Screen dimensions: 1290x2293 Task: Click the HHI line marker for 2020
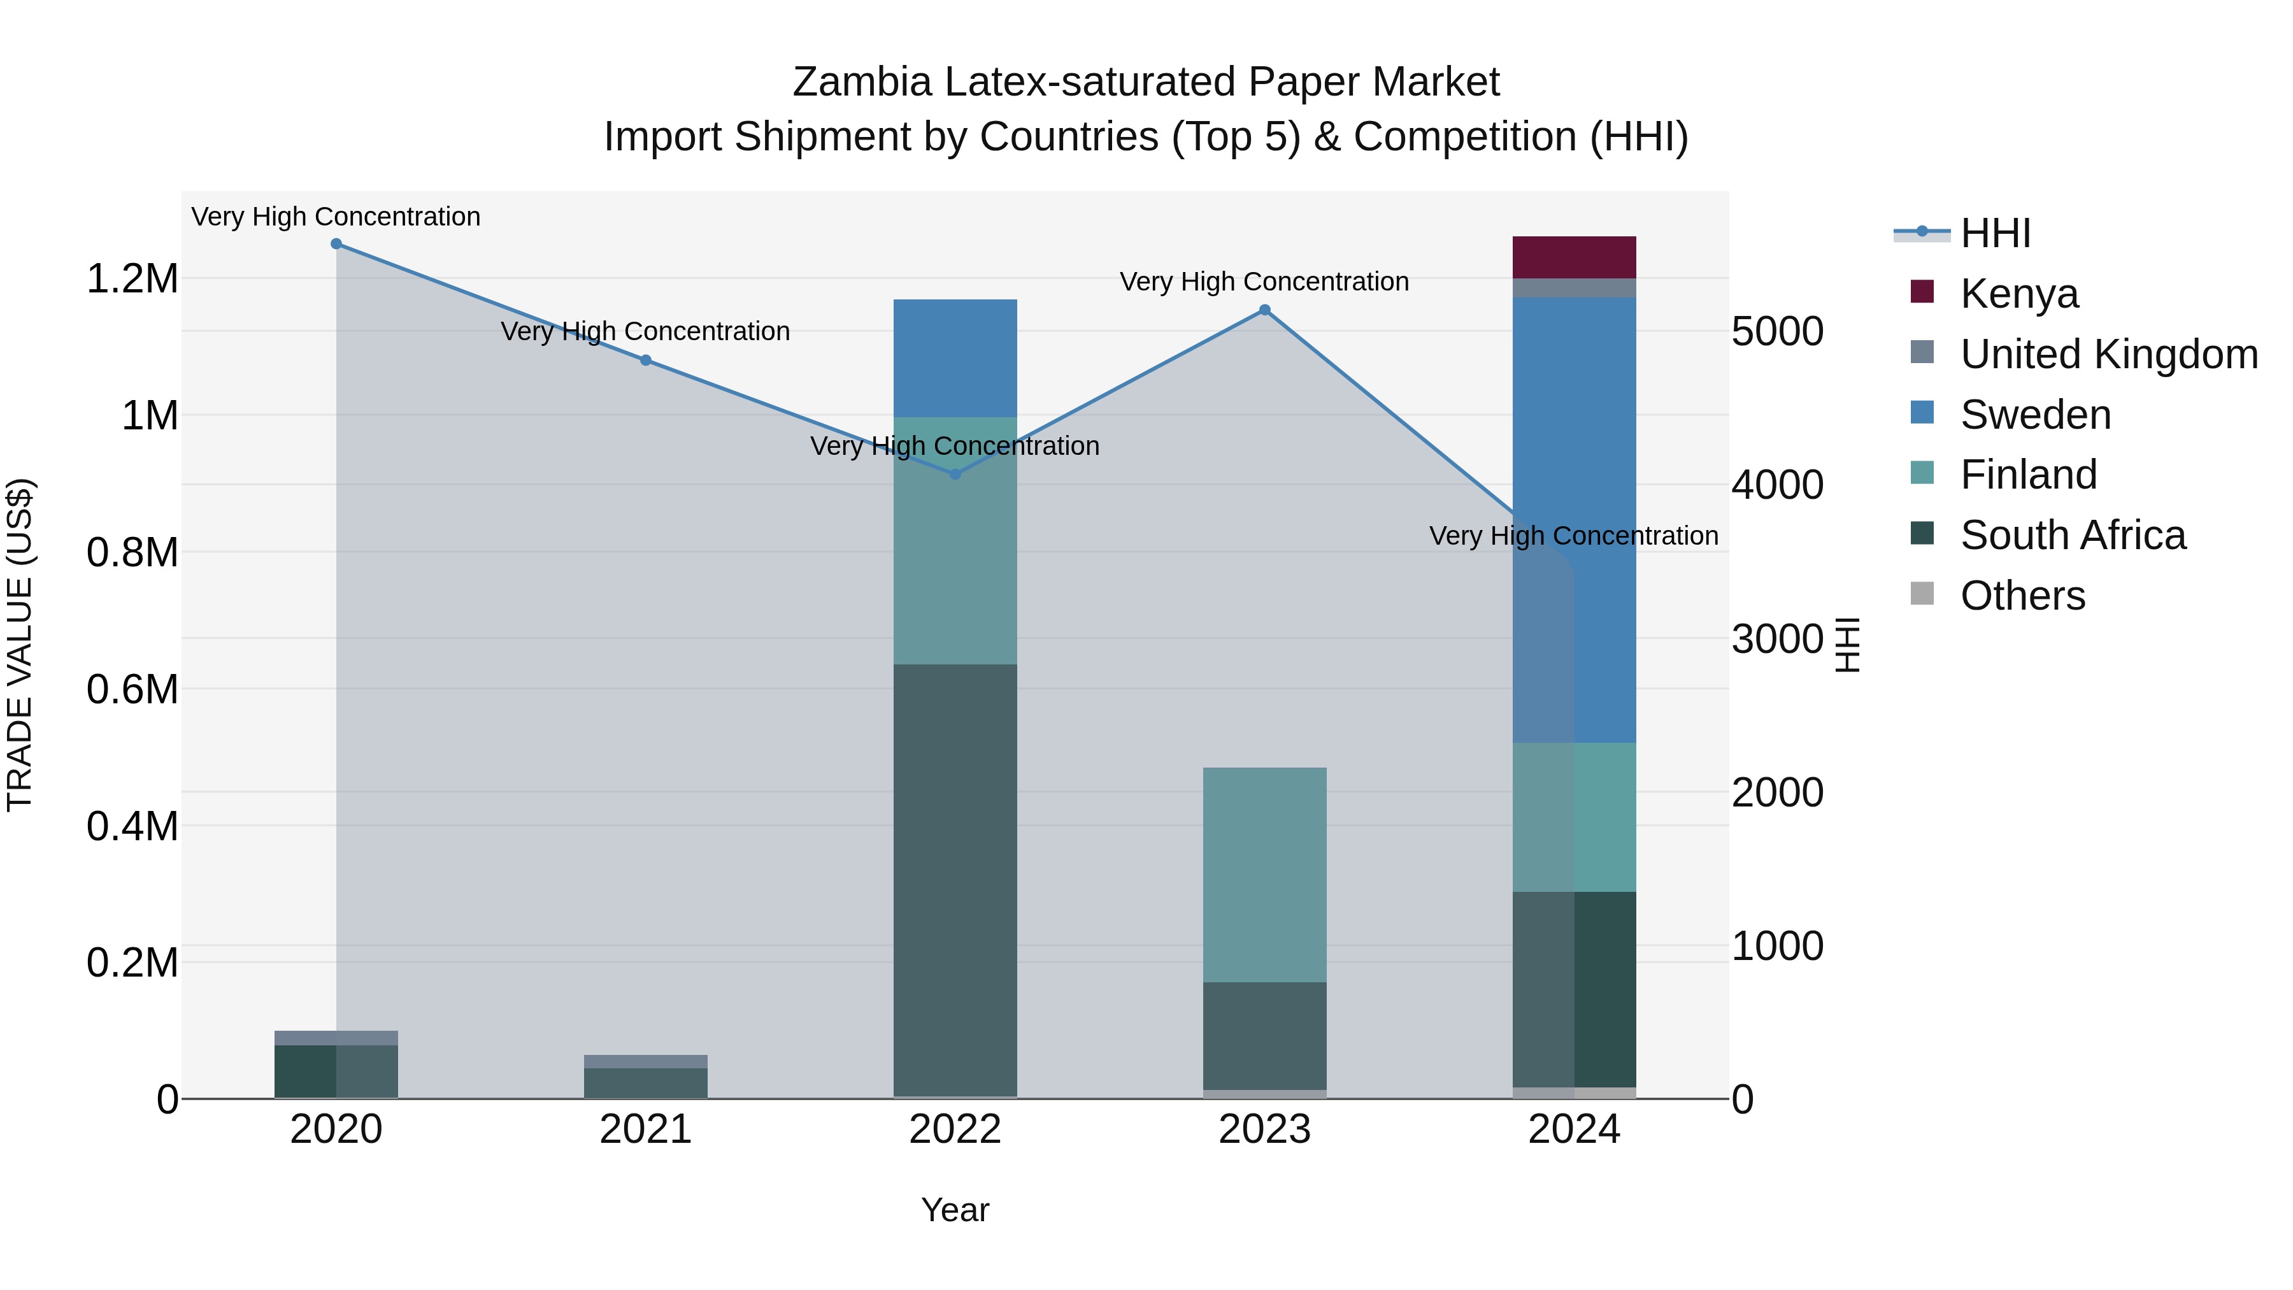pyautogui.click(x=336, y=244)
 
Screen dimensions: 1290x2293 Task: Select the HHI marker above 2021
pyautogui.click(x=646, y=361)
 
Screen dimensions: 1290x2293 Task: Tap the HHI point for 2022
pyautogui.click(x=955, y=475)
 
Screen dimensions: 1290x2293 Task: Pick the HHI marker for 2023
pyautogui.click(x=1265, y=310)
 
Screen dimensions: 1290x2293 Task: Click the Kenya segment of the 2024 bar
pyautogui.click(x=1574, y=257)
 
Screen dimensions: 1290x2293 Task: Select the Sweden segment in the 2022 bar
pyautogui.click(x=955, y=358)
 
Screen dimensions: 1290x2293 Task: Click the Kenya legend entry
pyautogui.click(x=2019, y=294)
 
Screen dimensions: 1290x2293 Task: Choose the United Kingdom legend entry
pyautogui.click(x=2108, y=354)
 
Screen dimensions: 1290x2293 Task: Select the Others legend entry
pyautogui.click(x=2022, y=596)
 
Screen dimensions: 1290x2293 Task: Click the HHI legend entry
pyautogui.click(x=1995, y=233)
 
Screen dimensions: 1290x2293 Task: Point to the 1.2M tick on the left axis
pyautogui.click(x=132, y=278)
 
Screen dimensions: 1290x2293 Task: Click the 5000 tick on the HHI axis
pyautogui.click(x=1776, y=331)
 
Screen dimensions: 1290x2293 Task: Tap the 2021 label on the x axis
pyautogui.click(x=646, y=1129)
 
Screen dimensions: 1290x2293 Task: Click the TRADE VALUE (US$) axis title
pyautogui.click(x=20, y=645)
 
